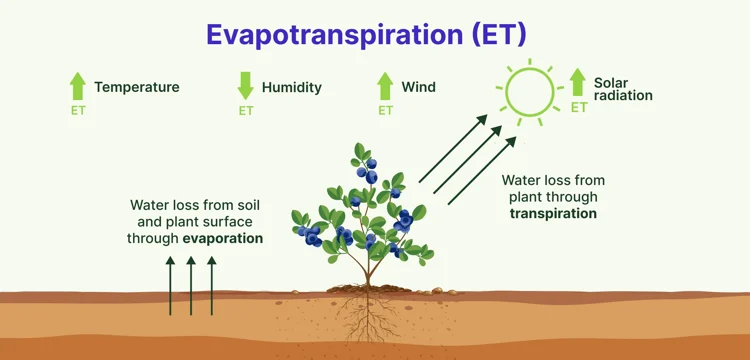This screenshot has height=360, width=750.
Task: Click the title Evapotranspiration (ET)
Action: point(367,34)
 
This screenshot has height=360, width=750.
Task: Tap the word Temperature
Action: point(137,87)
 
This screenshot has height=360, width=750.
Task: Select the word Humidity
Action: point(292,87)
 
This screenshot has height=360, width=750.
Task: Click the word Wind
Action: point(419,87)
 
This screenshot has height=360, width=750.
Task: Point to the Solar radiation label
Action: point(623,89)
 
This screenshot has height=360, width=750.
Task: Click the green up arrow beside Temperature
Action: point(78,86)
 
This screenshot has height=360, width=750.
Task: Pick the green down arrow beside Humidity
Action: point(245,86)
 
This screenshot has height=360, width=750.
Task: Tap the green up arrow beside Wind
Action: point(385,86)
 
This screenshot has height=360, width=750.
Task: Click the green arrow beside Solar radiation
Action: point(578,82)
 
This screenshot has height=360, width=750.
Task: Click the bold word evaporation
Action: point(223,239)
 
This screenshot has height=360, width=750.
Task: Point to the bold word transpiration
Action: point(553,213)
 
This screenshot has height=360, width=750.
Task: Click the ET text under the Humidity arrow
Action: point(245,111)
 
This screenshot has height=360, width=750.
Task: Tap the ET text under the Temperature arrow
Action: point(78,111)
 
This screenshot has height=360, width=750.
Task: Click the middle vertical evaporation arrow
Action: point(191,286)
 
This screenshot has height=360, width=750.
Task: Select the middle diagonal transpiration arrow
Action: point(468,159)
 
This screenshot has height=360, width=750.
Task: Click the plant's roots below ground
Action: point(367,316)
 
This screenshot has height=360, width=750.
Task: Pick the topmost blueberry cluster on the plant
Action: point(367,171)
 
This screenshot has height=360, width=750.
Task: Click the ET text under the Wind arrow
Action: point(385,111)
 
